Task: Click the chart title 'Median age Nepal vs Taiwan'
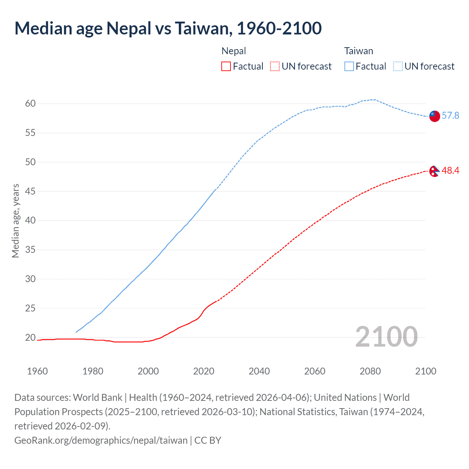(x=168, y=29)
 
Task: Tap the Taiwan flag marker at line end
(x=434, y=116)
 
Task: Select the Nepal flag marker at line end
(x=434, y=171)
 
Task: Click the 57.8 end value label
(x=450, y=116)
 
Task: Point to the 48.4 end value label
(x=450, y=170)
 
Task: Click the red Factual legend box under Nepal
(x=226, y=66)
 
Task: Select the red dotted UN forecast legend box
(x=275, y=66)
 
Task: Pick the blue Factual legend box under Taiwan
(x=349, y=66)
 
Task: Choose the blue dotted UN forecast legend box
(x=398, y=66)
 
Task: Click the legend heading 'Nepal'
(x=234, y=51)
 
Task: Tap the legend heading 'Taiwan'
(x=358, y=51)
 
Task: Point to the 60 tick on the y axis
(x=30, y=104)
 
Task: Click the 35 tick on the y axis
(x=30, y=250)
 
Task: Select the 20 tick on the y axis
(x=30, y=337)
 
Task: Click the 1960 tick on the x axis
(x=37, y=371)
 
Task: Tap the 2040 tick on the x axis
(x=259, y=371)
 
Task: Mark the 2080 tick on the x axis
(x=370, y=371)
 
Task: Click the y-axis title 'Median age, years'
(x=15, y=221)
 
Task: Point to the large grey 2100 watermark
(x=386, y=337)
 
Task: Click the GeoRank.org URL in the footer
(x=101, y=440)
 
